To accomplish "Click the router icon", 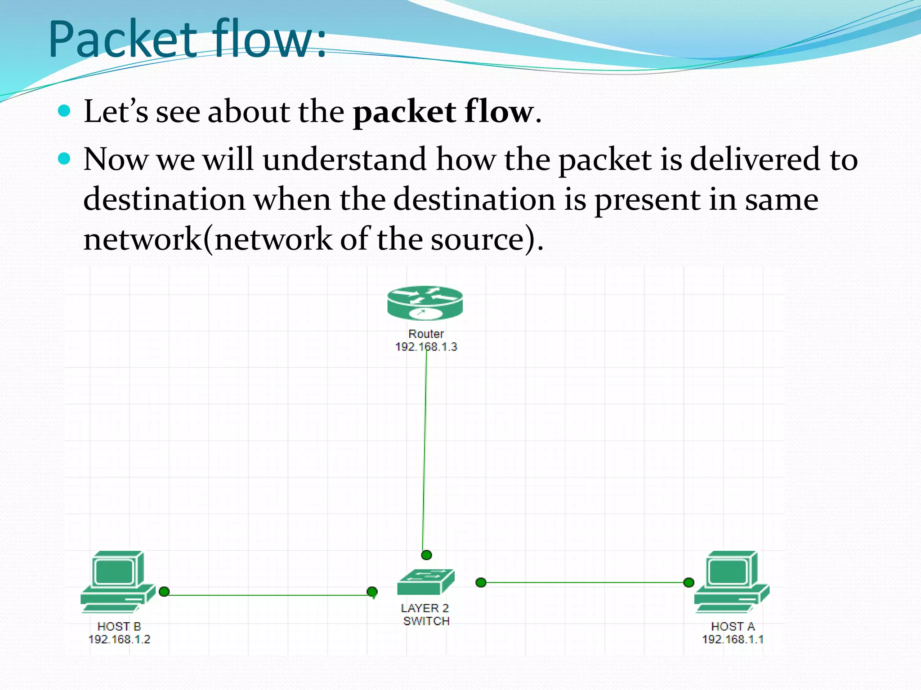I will (425, 303).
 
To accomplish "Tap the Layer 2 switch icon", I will (426, 582).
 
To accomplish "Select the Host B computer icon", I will (118, 582).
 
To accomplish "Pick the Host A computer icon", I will (732, 582).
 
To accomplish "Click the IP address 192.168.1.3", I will (426, 347).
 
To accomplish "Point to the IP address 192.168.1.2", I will (119, 639).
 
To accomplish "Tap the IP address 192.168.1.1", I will (733, 639).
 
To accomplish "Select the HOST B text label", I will (119, 626).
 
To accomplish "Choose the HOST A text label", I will (733, 626).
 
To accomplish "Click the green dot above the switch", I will (426, 555).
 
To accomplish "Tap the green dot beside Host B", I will (164, 592).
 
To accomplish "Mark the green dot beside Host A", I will (689, 583).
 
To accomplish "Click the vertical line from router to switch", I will (425, 449).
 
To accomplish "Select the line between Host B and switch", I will (270, 595).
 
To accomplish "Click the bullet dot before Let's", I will (65, 111).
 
